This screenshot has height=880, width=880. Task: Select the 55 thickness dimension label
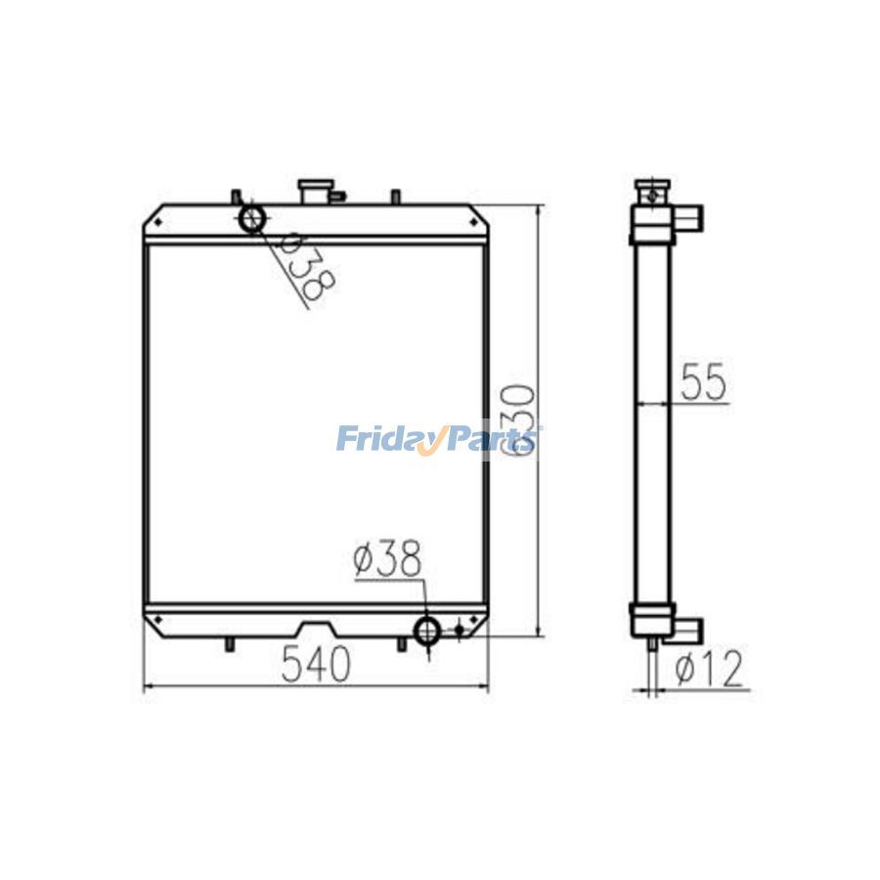pyautogui.click(x=703, y=381)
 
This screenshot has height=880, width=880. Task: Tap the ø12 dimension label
pyautogui.click(x=709, y=669)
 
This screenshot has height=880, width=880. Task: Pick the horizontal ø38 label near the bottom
pyautogui.click(x=387, y=558)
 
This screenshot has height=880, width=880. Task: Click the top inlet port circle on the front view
pyautogui.click(x=252, y=218)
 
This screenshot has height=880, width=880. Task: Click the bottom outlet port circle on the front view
pyautogui.click(x=427, y=632)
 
